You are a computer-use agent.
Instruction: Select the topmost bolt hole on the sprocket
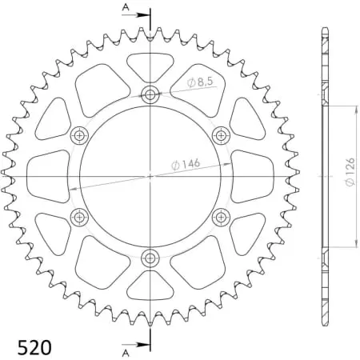tap(150, 95)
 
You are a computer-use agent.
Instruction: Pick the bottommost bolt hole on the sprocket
tap(150, 258)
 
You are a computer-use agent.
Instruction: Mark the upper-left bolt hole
tap(80, 134)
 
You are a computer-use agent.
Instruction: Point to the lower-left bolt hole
tap(80, 217)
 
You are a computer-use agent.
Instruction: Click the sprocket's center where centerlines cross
tap(150, 176)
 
